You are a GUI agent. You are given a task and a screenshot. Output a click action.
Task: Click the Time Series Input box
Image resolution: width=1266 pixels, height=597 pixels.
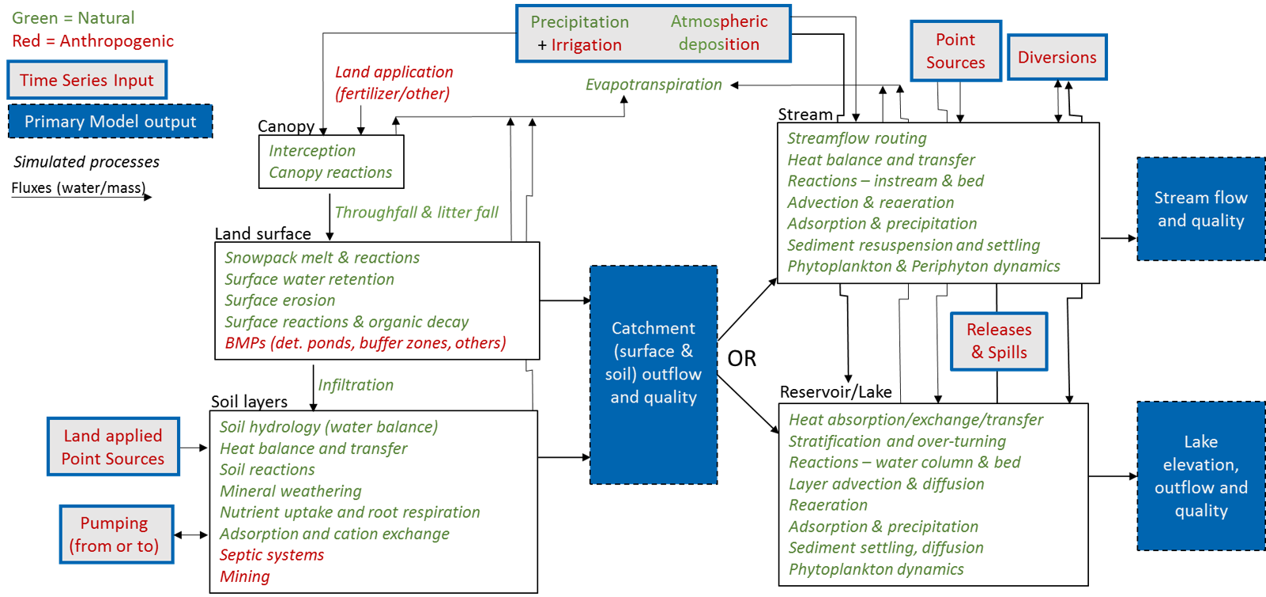click(x=87, y=80)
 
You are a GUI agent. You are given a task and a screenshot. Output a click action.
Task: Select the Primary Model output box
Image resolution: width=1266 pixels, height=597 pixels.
click(x=110, y=121)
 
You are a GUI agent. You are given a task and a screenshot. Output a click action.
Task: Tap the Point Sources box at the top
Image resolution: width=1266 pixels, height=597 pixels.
click(x=955, y=51)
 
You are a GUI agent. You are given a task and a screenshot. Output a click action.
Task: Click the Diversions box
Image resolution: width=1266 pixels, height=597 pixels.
click(x=1057, y=57)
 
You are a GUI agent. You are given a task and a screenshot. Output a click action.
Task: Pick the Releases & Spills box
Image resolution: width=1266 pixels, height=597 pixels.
click(x=999, y=341)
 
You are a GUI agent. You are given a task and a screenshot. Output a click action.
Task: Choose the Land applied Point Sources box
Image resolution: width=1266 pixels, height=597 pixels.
click(x=113, y=447)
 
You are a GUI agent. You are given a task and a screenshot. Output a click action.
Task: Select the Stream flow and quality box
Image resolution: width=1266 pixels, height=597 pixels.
click(x=1200, y=209)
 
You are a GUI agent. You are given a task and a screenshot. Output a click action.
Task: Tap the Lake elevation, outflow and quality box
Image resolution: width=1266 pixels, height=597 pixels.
click(x=1200, y=476)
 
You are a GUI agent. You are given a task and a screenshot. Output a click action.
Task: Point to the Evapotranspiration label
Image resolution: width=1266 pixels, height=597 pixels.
click(x=654, y=85)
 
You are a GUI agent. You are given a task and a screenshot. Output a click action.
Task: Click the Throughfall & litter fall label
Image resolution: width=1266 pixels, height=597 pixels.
click(x=416, y=212)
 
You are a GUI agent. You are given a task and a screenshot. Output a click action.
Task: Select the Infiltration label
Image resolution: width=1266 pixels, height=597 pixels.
click(x=356, y=385)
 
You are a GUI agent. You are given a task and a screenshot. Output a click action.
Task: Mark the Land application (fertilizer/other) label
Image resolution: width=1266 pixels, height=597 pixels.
click(x=394, y=83)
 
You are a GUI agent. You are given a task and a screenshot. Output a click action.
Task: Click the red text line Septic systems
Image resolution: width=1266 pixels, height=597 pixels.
click(x=272, y=555)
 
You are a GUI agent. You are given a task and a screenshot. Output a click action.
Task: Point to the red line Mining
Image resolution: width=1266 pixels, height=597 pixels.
click(x=245, y=576)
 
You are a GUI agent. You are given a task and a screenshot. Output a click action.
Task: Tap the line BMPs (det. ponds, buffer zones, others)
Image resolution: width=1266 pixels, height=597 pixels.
click(x=365, y=343)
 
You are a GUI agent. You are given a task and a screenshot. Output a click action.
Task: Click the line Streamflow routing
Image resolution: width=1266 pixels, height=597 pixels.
click(x=857, y=138)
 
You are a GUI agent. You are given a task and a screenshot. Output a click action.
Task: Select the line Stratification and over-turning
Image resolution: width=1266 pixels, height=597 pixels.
click(x=897, y=441)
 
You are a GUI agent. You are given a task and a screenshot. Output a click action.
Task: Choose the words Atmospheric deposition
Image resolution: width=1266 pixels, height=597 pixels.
click(x=718, y=33)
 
